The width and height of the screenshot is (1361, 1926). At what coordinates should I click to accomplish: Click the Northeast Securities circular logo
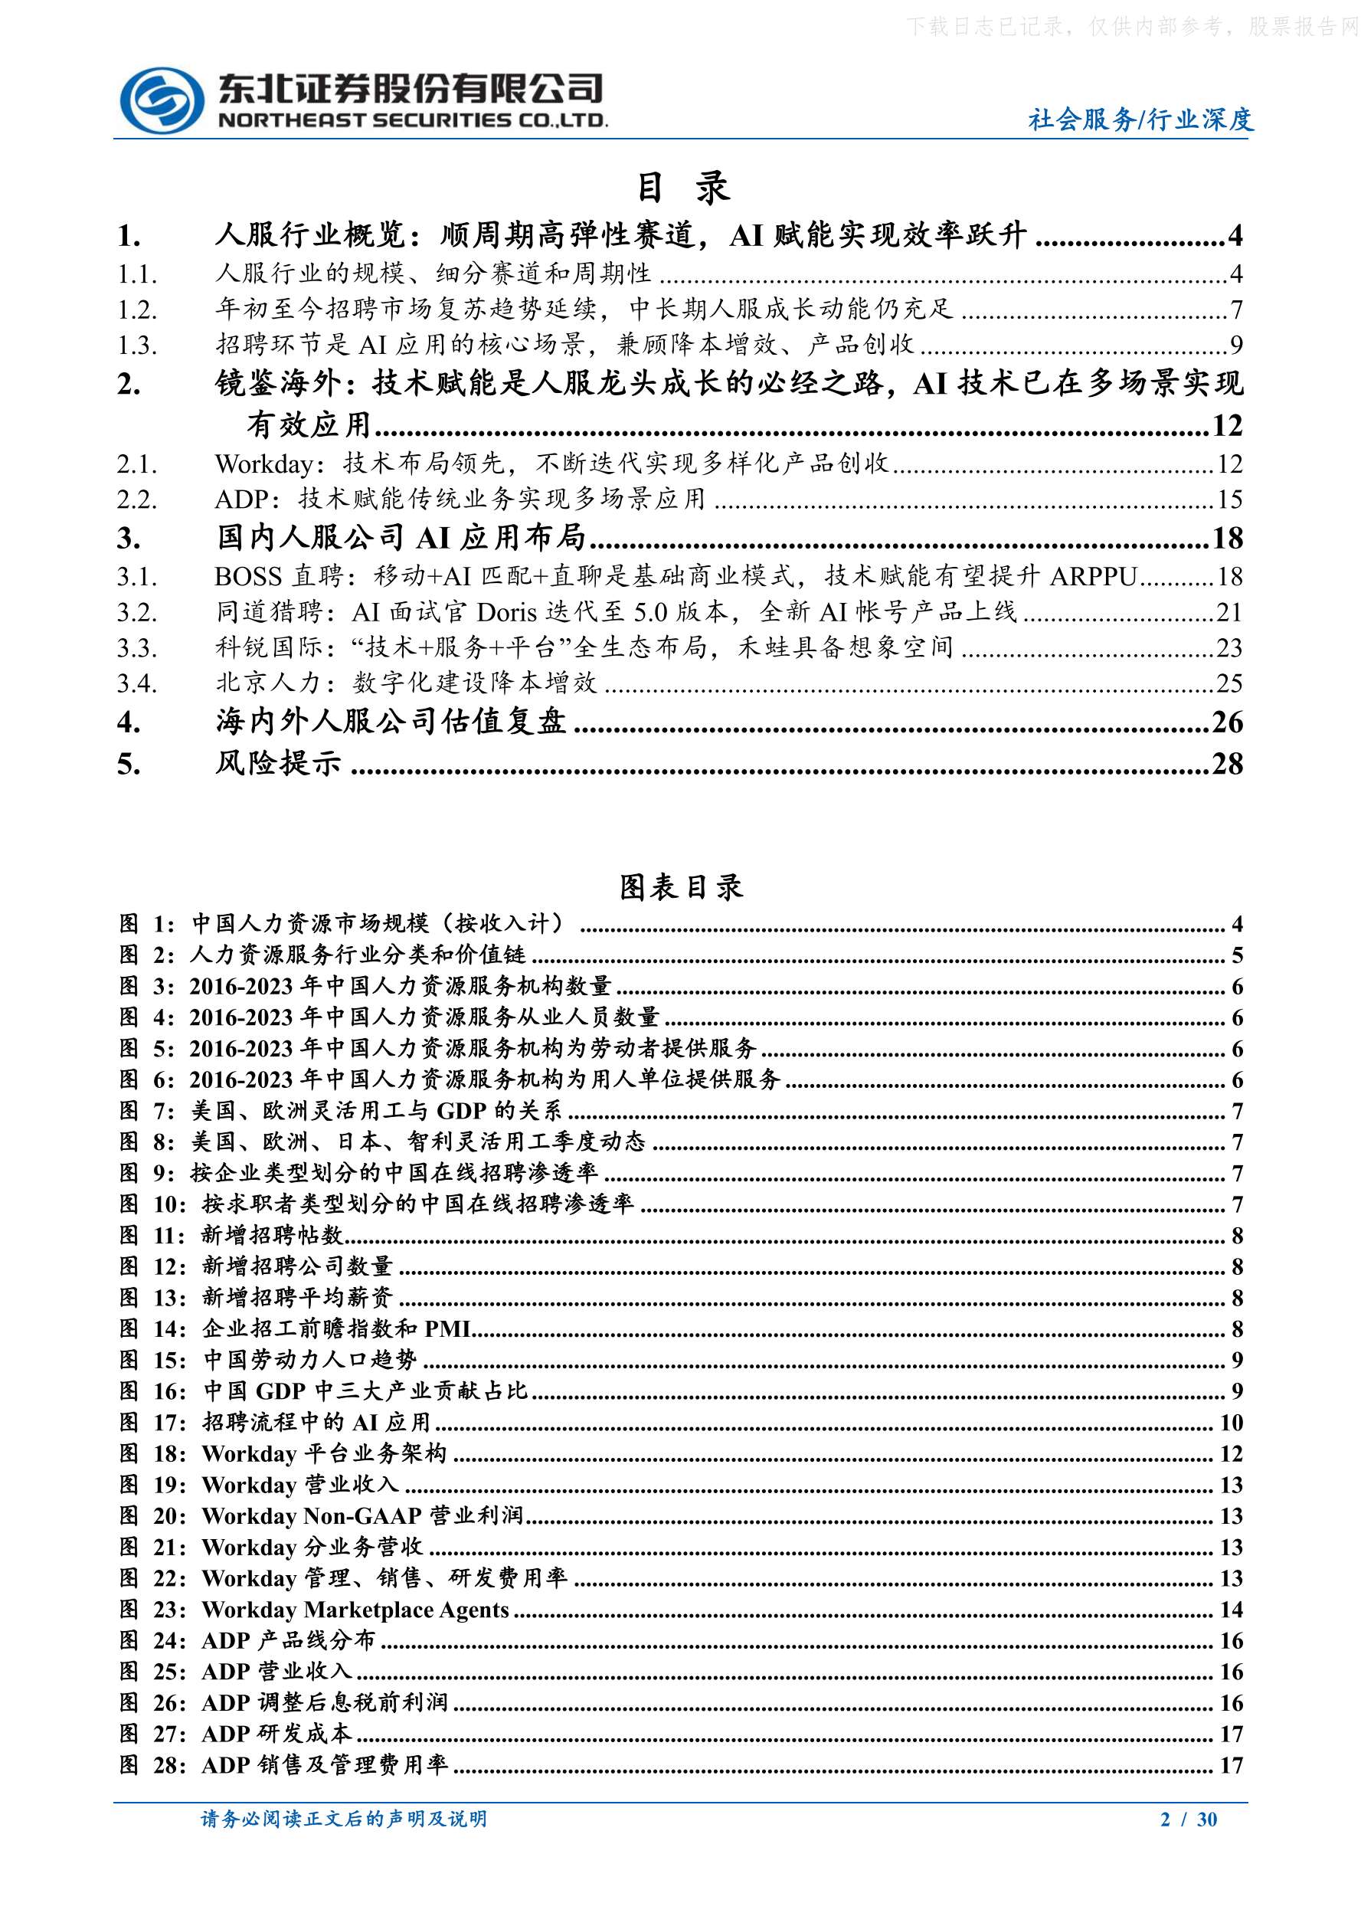pyautogui.click(x=162, y=100)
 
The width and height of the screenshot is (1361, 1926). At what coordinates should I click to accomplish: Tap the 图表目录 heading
pyautogui.click(x=681, y=886)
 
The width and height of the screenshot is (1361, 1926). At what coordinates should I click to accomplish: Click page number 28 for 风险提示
pyautogui.click(x=1227, y=763)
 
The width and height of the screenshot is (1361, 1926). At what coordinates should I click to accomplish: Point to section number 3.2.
pyautogui.click(x=136, y=612)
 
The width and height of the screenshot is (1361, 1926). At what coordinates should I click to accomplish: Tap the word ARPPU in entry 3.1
pyautogui.click(x=1093, y=576)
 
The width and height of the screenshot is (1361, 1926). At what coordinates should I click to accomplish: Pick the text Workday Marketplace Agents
pyautogui.click(x=355, y=1610)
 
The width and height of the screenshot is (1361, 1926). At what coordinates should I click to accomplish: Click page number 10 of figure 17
pyautogui.click(x=1230, y=1423)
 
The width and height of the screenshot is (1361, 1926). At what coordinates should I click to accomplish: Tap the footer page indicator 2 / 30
pyautogui.click(x=1188, y=1819)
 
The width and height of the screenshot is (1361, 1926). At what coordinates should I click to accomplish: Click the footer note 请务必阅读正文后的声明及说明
pyautogui.click(x=344, y=1819)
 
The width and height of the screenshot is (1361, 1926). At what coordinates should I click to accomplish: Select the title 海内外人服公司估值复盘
pyautogui.click(x=390, y=722)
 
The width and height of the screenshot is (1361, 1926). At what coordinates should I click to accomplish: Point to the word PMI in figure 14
pyautogui.click(x=447, y=1329)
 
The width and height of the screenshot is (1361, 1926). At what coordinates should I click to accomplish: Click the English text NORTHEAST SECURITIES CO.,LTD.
pyautogui.click(x=413, y=121)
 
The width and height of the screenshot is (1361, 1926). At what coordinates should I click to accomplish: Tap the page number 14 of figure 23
pyautogui.click(x=1230, y=1610)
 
